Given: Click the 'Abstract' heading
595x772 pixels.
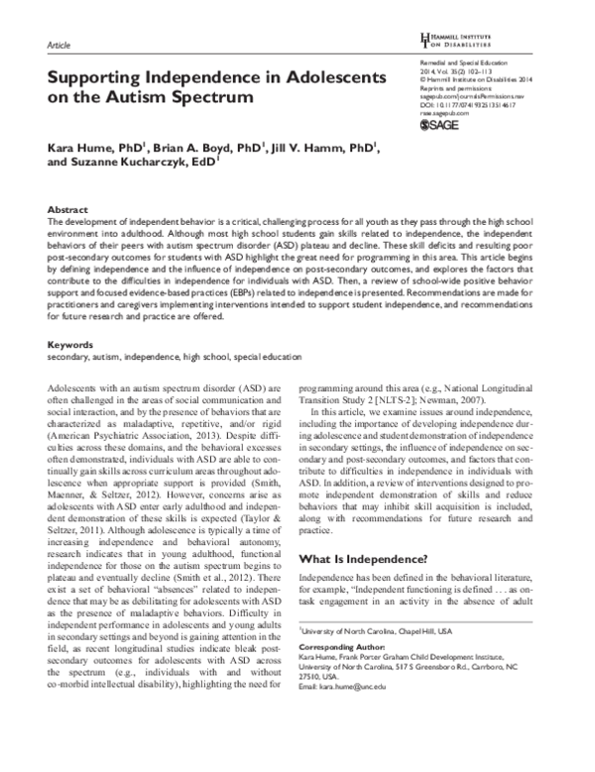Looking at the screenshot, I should pos(67,211).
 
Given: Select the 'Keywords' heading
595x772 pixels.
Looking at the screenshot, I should pos(71,345).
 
